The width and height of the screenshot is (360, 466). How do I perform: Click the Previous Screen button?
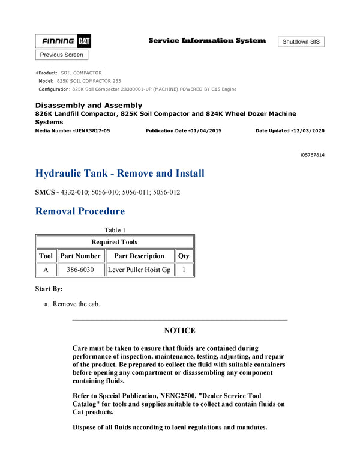click(x=62, y=55)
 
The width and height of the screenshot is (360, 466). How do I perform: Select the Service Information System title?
click(x=207, y=41)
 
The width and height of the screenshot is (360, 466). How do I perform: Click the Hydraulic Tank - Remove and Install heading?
click(x=120, y=174)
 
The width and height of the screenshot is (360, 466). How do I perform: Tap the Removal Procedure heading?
click(x=80, y=211)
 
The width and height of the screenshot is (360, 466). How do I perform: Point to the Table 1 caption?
click(x=115, y=230)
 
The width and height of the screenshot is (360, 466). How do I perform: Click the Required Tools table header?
click(x=115, y=242)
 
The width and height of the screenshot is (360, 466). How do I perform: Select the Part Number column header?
click(x=80, y=256)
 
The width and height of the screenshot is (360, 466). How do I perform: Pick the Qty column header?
click(x=184, y=256)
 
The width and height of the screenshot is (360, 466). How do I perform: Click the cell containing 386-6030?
click(x=80, y=270)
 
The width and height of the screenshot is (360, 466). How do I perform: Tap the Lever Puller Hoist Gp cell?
click(x=139, y=270)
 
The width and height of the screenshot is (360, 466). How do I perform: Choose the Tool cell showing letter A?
click(x=46, y=270)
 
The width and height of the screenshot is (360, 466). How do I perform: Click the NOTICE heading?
click(x=179, y=331)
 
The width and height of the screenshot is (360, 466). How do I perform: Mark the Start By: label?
click(x=49, y=289)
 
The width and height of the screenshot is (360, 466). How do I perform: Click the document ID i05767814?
click(x=313, y=155)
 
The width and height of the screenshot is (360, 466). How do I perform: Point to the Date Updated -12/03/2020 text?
click(x=290, y=131)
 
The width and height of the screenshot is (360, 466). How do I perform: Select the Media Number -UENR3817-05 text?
click(x=73, y=131)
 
